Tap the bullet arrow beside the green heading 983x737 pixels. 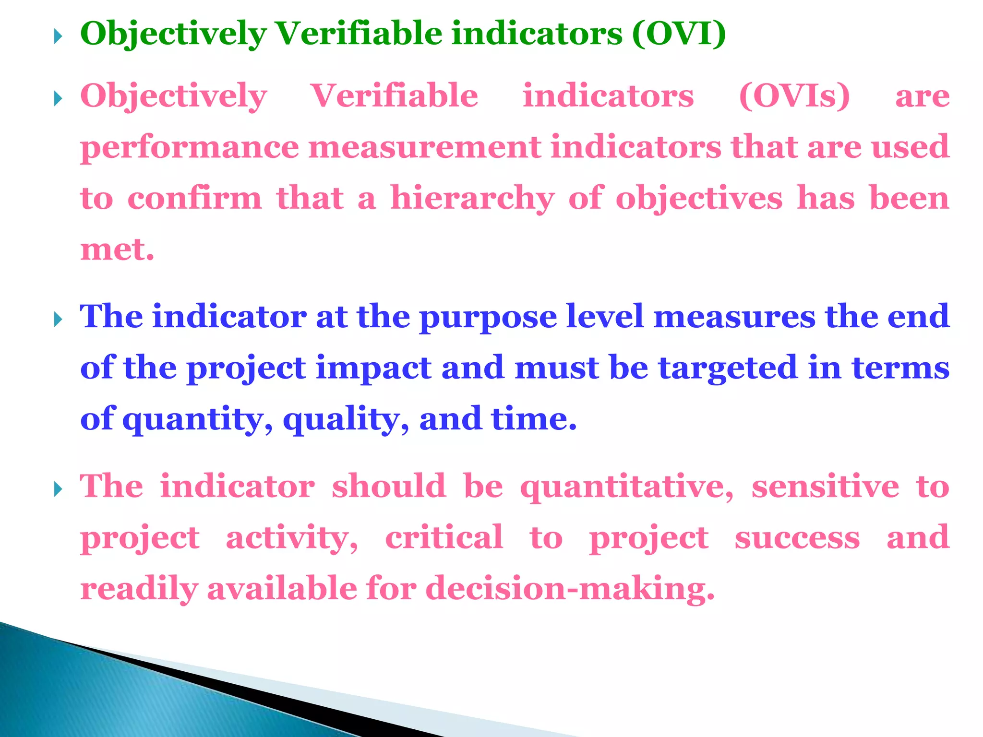tap(58, 36)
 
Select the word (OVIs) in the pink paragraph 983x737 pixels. tap(794, 96)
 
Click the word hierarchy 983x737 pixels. tap(472, 198)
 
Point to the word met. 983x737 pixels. tap(117, 250)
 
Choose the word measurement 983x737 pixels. tap(425, 147)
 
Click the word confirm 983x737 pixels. tap(194, 198)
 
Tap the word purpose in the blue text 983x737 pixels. tap(488, 318)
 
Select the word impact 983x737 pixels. tap(373, 368)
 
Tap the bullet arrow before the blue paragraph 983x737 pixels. tap(58, 319)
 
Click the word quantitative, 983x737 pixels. tap(627, 487)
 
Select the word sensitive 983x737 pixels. tap(825, 487)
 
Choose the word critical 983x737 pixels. tap(444, 537)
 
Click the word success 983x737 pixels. tap(797, 538)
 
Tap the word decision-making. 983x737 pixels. tap(570, 589)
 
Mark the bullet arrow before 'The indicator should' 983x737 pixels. tap(58, 489)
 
